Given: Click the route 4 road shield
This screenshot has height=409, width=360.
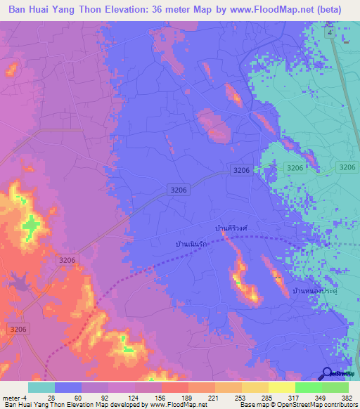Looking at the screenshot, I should (x=328, y=33).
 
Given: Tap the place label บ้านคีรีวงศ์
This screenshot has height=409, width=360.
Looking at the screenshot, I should (x=232, y=228).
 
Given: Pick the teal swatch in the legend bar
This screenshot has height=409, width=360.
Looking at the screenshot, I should (x=41, y=387).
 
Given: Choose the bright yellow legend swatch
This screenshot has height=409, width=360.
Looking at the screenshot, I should (x=281, y=387).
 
